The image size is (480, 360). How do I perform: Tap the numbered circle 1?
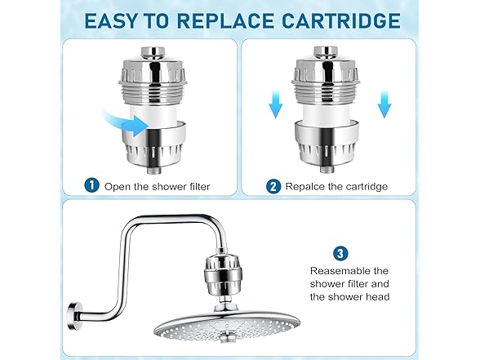[91, 186]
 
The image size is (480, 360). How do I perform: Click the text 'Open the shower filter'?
[157, 186]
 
